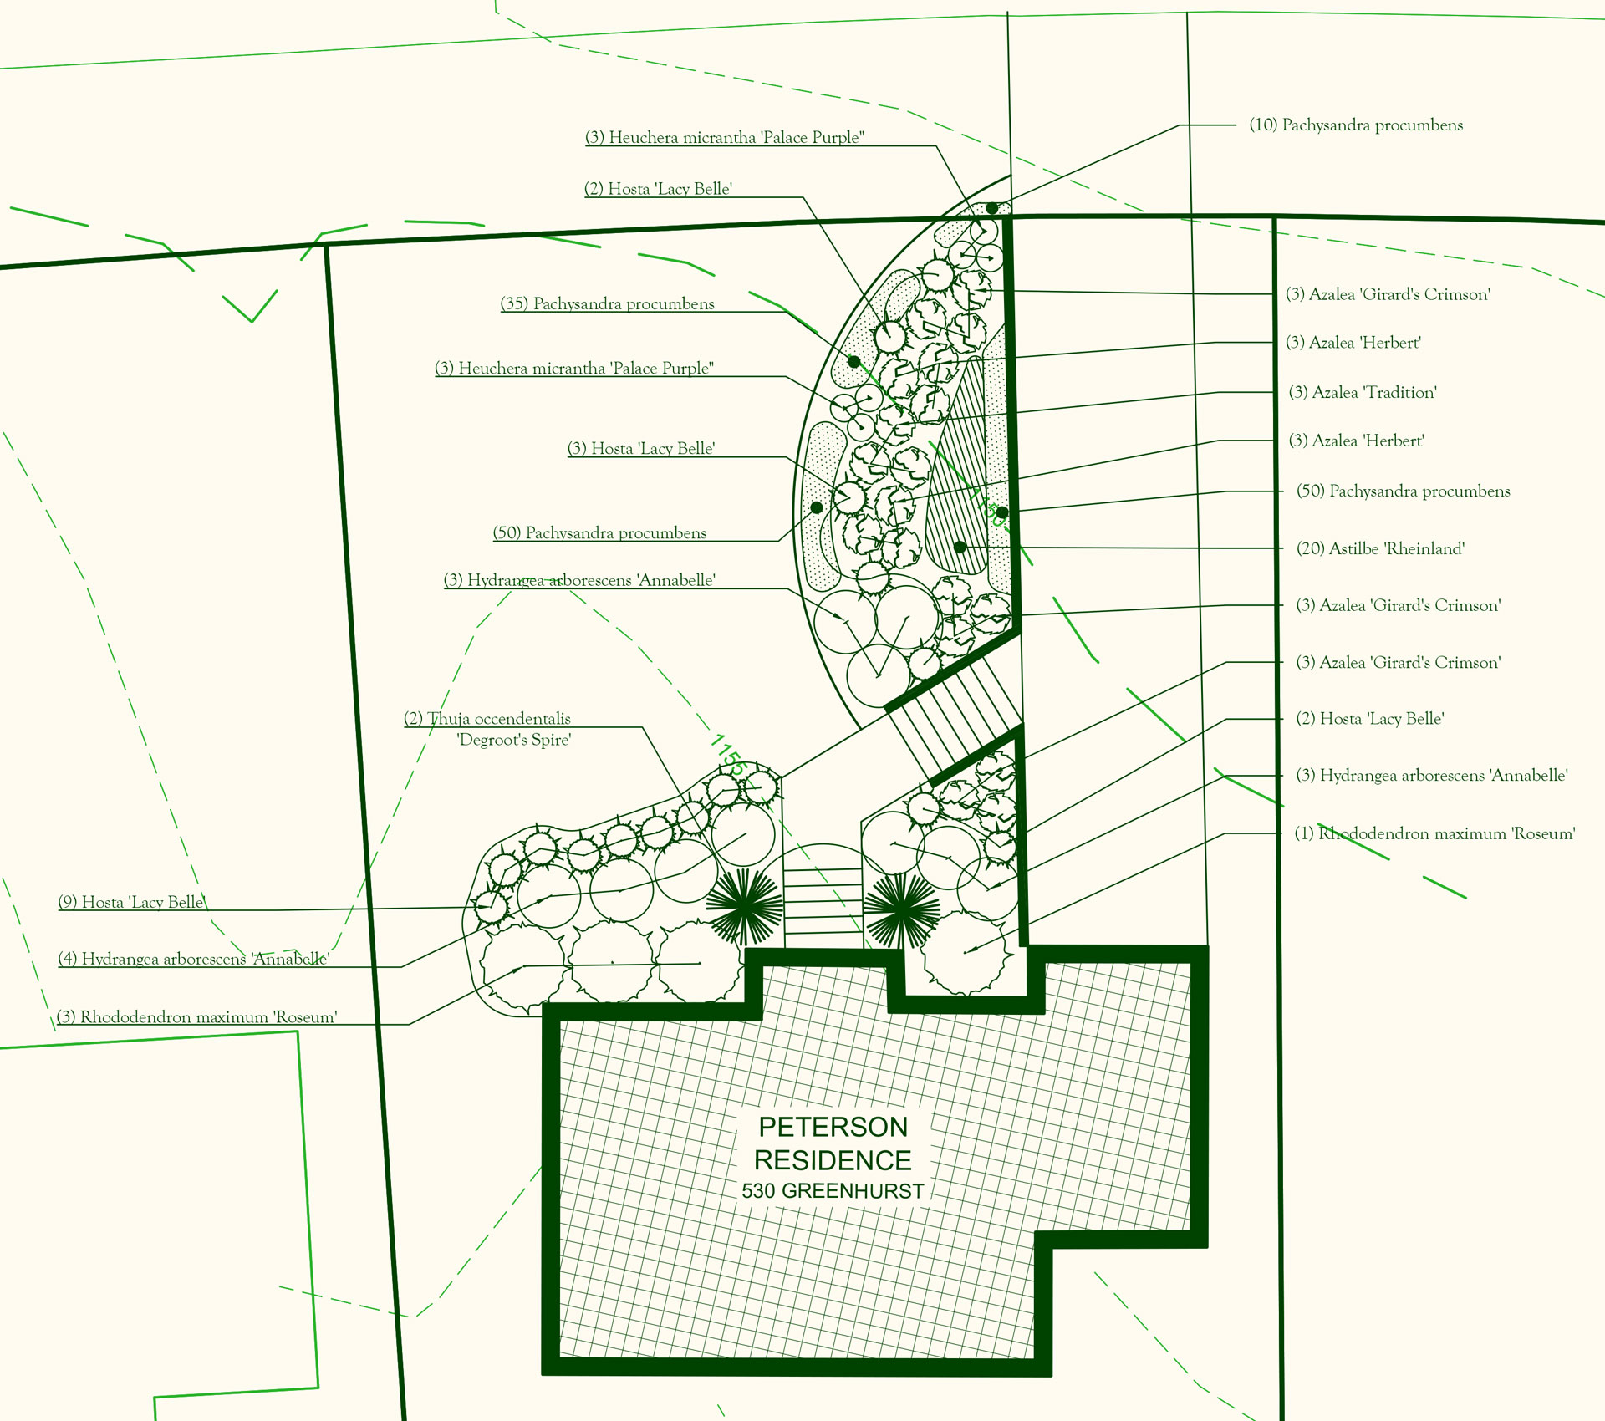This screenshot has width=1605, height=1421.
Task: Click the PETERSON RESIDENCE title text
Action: pyautogui.click(x=833, y=1143)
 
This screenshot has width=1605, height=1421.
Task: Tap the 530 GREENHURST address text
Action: pyautogui.click(x=833, y=1191)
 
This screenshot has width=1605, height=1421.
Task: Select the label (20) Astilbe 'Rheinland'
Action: pyautogui.click(x=1380, y=548)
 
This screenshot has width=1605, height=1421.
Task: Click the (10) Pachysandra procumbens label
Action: pyautogui.click(x=1356, y=125)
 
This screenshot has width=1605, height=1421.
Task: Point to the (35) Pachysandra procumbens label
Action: pyautogui.click(x=608, y=303)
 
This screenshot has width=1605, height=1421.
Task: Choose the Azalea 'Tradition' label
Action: pyautogui.click(x=1363, y=392)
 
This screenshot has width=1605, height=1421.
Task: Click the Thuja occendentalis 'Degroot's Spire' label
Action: pyautogui.click(x=488, y=729)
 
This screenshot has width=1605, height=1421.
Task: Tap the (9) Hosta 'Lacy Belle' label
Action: pyautogui.click(x=132, y=902)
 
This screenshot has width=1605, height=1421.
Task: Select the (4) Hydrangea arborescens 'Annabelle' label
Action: pyautogui.click(x=194, y=959)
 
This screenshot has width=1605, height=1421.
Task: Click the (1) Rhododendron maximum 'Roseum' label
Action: pyautogui.click(x=1434, y=833)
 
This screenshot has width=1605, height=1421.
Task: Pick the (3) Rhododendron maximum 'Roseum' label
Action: pyautogui.click(x=197, y=1017)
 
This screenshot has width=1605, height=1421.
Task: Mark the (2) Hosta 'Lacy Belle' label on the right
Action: pyautogui.click(x=1370, y=719)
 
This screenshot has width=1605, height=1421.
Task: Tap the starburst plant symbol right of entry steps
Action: pyautogui.click(x=901, y=909)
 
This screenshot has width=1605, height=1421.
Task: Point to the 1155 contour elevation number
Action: pyautogui.click(x=729, y=754)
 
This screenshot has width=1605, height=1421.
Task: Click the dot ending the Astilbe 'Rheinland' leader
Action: pyautogui.click(x=960, y=548)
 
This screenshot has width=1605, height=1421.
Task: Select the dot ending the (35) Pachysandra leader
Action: pyautogui.click(x=853, y=362)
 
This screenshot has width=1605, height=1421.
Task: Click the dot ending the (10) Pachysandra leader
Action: pyautogui.click(x=991, y=208)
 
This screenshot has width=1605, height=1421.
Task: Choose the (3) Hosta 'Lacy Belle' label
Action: pyautogui.click(x=641, y=449)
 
